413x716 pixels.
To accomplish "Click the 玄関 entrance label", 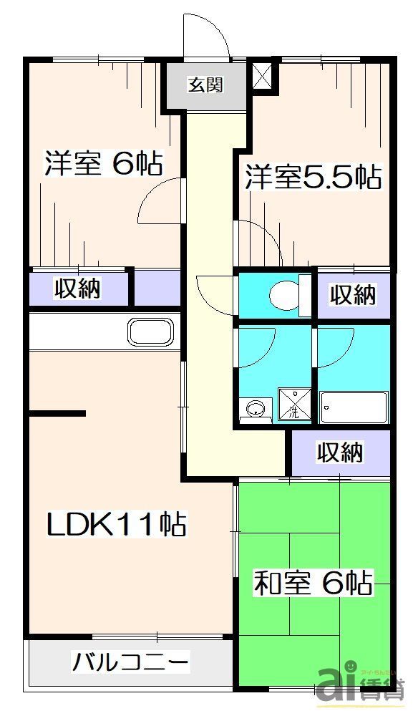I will (x=205, y=85).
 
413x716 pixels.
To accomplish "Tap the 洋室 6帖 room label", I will (x=102, y=164).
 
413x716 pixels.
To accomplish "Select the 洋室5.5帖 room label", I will (x=313, y=178).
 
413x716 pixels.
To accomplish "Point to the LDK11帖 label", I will (x=117, y=525).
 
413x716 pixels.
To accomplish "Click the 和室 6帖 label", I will (x=314, y=583).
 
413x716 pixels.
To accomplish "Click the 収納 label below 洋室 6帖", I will (x=79, y=289).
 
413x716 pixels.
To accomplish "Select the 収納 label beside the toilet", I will (x=353, y=294).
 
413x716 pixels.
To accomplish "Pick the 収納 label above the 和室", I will (x=340, y=452).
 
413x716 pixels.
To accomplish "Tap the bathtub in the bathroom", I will (x=354, y=408).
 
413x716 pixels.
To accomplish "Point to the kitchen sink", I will (x=150, y=332).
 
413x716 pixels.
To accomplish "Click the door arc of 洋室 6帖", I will (x=159, y=203).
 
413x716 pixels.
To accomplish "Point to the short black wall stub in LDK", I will (x=57, y=413).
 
